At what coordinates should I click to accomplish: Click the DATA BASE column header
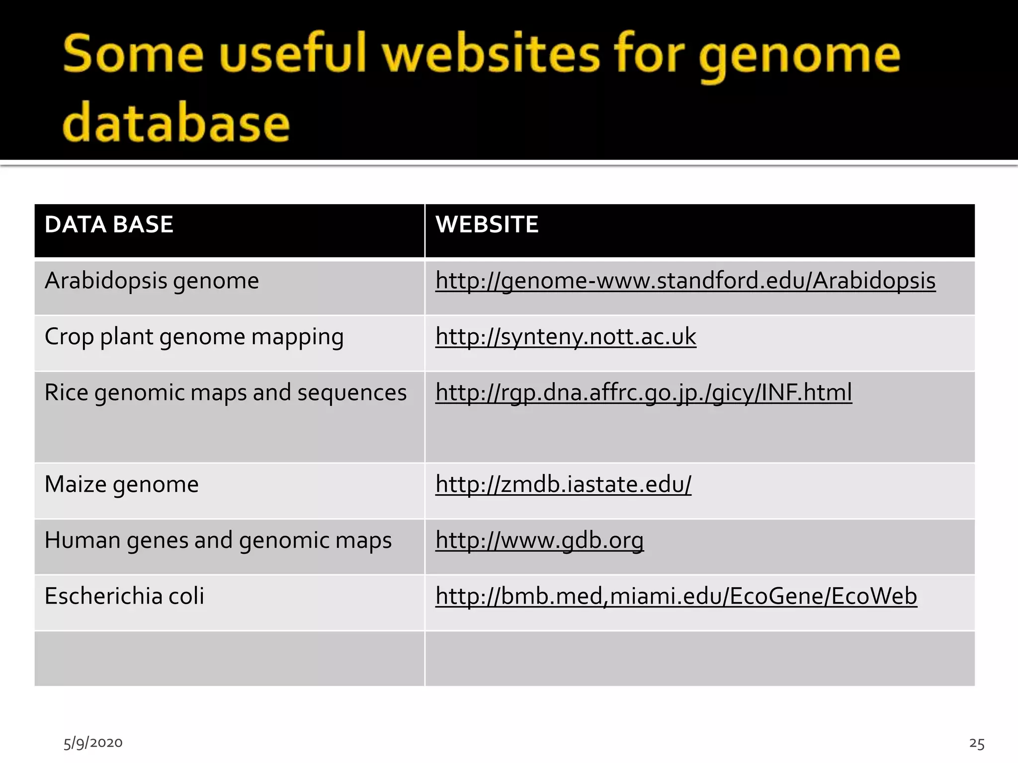point(109,225)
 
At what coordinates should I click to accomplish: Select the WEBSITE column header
point(487,225)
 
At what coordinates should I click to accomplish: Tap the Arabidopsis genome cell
point(152,281)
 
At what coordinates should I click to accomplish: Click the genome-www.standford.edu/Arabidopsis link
point(685,281)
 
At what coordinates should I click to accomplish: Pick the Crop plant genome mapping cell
point(194,337)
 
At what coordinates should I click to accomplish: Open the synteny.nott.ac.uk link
point(566,337)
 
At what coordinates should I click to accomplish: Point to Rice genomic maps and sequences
point(225,393)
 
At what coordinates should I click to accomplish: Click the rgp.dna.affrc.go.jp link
point(643,393)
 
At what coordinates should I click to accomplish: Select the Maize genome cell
point(121,484)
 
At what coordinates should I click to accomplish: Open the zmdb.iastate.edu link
point(563,484)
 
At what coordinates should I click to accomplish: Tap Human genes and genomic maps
point(218,540)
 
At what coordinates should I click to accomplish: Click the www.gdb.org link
point(539,540)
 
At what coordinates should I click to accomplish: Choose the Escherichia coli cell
point(124,596)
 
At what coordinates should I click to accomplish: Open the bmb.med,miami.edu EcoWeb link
point(676,596)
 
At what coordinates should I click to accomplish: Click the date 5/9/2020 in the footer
point(93,743)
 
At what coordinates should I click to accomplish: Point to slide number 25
point(976,744)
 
